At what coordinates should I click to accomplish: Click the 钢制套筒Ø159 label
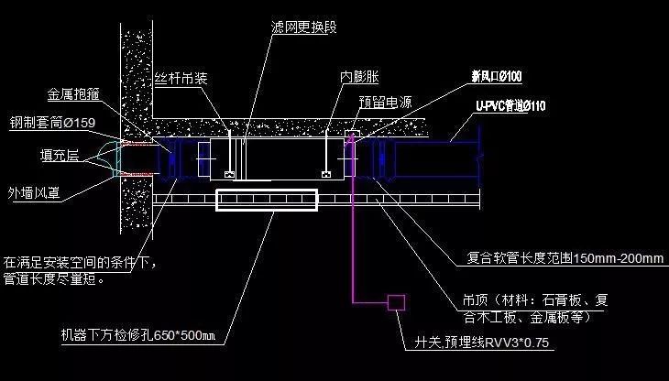[52, 122]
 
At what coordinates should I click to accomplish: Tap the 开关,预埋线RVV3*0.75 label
[486, 343]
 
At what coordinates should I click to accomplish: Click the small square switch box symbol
[396, 302]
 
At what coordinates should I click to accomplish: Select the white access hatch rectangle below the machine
[267, 200]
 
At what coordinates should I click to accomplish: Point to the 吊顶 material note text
[537, 309]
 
